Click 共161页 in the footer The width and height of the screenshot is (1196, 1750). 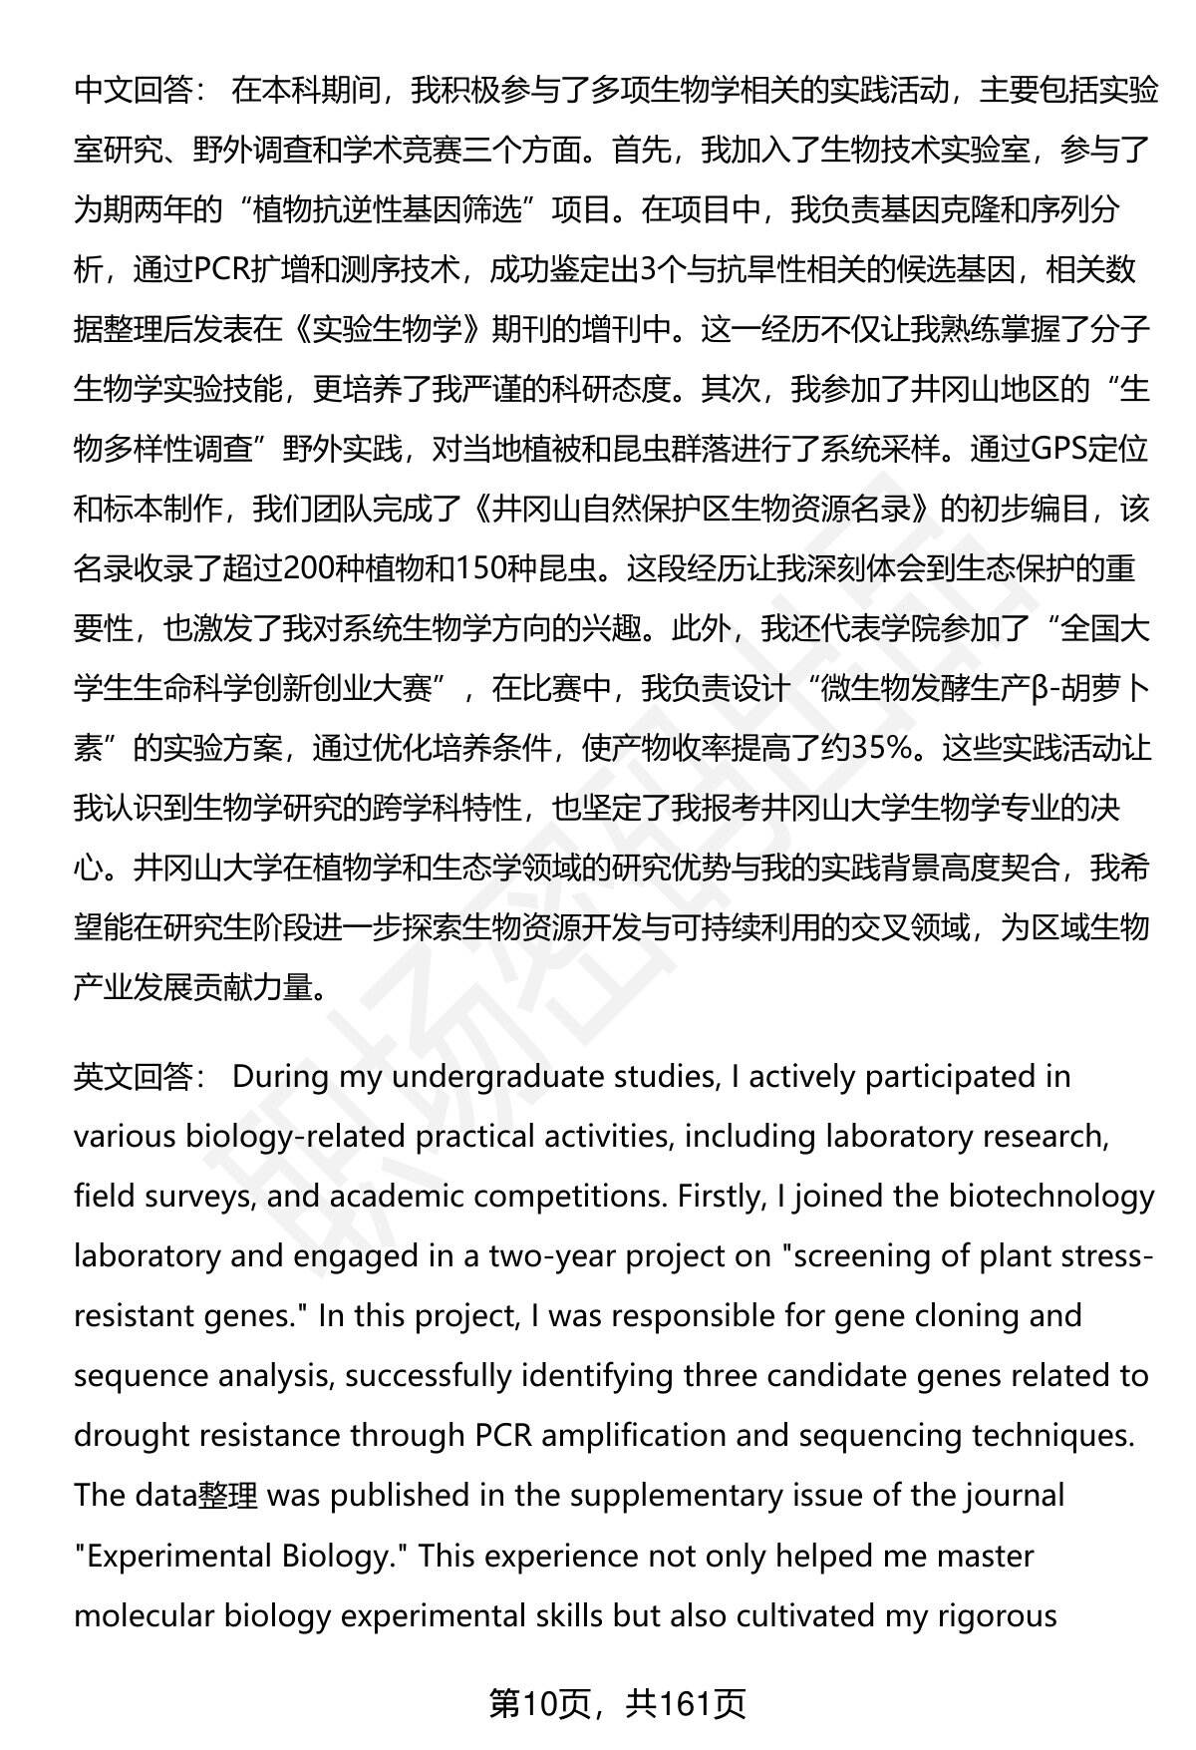coord(686,1705)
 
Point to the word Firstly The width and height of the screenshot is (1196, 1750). coord(720,1197)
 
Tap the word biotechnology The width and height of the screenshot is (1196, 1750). coord(1048,1197)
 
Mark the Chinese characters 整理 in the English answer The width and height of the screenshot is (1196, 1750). coord(228,1496)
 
